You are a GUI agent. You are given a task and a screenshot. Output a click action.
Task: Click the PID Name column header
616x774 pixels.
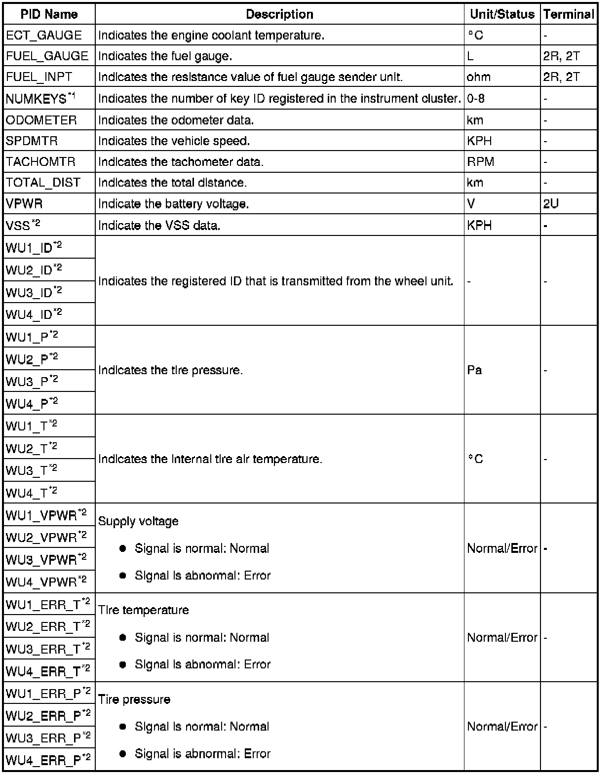(49, 14)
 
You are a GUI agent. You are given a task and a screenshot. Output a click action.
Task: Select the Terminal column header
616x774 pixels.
(569, 14)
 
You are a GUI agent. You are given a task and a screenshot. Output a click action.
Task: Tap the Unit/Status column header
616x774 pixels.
(502, 14)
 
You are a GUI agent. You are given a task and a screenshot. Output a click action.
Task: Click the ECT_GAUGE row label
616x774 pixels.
(44, 36)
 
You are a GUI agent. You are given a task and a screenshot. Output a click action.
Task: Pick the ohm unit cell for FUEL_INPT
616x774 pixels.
(479, 77)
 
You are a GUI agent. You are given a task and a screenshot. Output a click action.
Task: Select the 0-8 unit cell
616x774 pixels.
(476, 99)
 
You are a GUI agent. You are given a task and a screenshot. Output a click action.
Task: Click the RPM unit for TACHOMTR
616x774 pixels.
(481, 162)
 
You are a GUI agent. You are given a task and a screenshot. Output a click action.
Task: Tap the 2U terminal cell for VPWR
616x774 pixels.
(551, 204)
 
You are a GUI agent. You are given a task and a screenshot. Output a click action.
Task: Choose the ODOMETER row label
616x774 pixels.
(41, 120)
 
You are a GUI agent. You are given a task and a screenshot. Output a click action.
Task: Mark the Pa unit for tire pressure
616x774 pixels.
(474, 370)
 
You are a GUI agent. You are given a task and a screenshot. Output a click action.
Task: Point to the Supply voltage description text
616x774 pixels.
(138, 521)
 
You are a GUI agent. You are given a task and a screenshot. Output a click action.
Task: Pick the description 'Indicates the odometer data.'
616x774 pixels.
(176, 120)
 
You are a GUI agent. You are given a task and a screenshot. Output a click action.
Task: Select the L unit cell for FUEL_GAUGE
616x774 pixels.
(470, 56)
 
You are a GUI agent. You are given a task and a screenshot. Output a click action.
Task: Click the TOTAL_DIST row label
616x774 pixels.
(43, 183)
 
